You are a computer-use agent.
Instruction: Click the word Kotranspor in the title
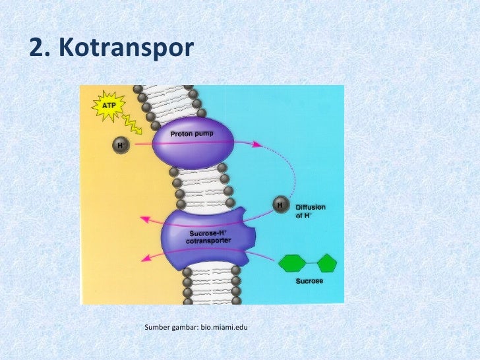pos(125,48)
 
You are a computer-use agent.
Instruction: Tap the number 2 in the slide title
pos(38,48)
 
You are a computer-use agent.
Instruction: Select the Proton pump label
pos(193,134)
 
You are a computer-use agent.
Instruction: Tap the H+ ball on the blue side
pos(280,206)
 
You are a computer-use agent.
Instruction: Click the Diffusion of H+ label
pos(310,211)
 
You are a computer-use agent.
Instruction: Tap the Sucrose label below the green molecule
pos(309,282)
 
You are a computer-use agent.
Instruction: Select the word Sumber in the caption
pos(157,327)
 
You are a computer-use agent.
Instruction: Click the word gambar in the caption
pos(185,327)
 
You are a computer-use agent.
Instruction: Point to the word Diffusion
pos(310,207)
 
